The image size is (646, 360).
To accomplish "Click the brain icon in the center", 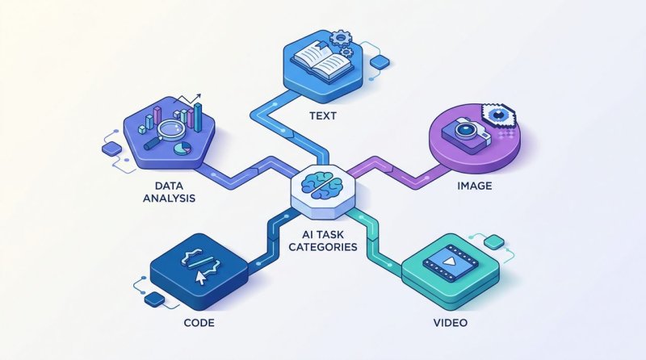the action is (322, 186).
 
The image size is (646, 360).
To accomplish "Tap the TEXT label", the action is (323, 115).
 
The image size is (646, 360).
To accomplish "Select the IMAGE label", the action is (475, 186).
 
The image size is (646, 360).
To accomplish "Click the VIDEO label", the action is (451, 322).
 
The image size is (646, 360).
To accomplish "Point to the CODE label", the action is (199, 322).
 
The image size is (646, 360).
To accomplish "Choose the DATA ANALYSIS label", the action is (169, 192).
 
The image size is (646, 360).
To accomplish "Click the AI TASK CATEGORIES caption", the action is (322, 241).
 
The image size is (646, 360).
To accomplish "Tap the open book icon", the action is (322, 64).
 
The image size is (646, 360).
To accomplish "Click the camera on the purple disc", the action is (466, 134).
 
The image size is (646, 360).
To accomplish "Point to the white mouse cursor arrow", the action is (200, 278).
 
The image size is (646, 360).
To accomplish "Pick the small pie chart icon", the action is (182, 149).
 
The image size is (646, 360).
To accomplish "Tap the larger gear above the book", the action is (340, 38).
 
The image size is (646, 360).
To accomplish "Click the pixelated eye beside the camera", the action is (499, 115).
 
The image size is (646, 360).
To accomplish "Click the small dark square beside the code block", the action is (155, 299).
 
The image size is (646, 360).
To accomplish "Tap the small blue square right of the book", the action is (380, 62).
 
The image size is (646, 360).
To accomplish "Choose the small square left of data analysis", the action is (111, 149).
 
